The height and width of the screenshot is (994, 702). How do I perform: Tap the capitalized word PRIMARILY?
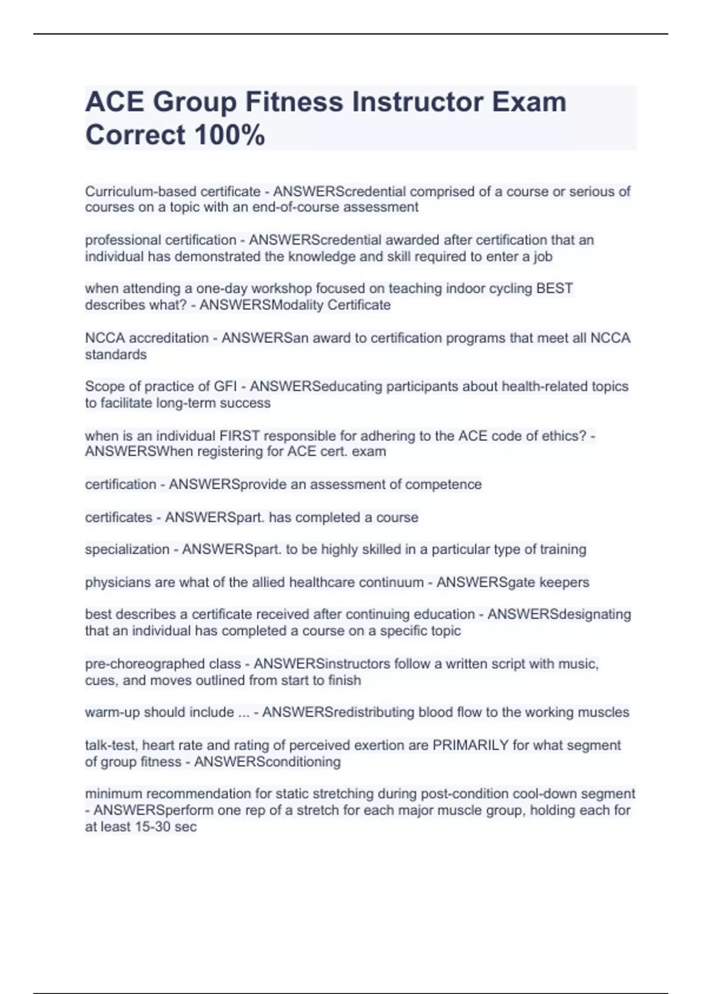tap(470, 745)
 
